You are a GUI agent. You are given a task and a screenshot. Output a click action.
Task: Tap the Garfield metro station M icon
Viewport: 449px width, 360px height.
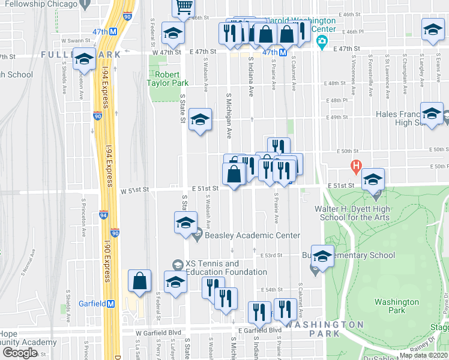[110, 304]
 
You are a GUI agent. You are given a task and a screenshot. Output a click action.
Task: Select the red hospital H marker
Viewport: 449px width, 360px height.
[356, 165]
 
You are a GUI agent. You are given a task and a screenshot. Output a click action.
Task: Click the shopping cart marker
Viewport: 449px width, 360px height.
[184, 7]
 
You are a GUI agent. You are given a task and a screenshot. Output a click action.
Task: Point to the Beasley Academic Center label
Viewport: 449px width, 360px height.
[252, 236]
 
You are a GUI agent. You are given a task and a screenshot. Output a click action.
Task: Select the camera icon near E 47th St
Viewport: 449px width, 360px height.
[322, 41]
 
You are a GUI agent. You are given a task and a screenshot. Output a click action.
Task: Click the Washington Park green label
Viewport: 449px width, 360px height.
[396, 306]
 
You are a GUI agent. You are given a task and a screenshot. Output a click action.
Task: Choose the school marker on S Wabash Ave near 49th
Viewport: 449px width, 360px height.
[200, 119]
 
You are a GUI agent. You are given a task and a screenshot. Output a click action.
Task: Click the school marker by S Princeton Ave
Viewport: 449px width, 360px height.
[84, 59]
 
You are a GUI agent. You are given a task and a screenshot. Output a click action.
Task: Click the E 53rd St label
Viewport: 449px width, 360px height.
[271, 256]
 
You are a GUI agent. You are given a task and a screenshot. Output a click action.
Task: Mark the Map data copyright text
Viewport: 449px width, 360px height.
[423, 355]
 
